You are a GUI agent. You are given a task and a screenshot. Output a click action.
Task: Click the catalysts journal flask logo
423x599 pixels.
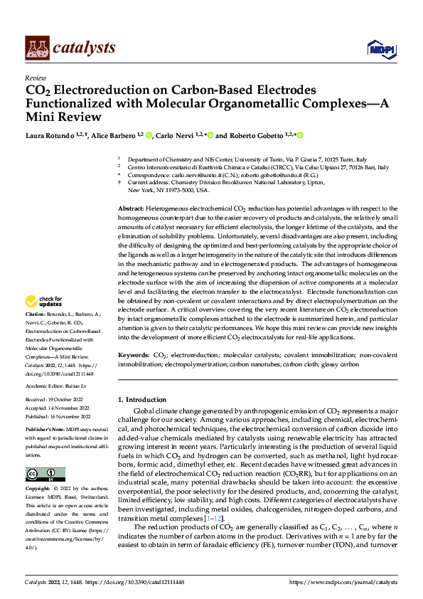coord(37,48)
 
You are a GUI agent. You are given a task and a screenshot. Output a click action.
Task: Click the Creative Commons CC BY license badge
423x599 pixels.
coord(45,475)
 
